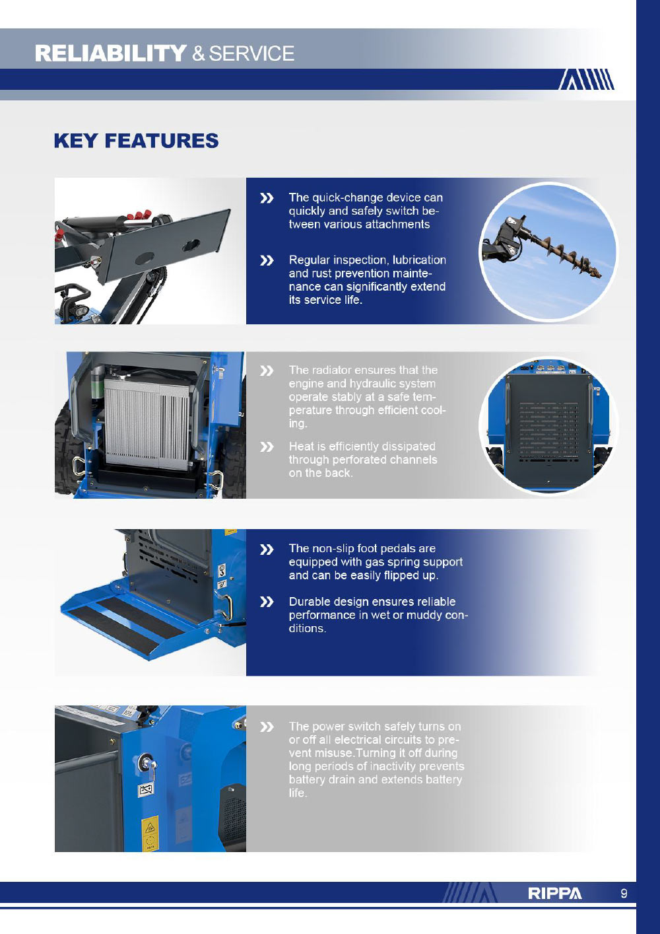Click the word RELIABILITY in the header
110,54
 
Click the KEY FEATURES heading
136,141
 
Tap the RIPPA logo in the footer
554,894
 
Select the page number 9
624,894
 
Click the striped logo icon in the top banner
586,79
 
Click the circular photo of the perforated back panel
548,426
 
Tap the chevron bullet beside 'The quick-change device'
267,198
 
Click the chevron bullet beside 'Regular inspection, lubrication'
267,260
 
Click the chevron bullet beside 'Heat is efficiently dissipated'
267,447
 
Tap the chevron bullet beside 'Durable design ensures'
267,602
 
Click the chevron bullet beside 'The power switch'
267,727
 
